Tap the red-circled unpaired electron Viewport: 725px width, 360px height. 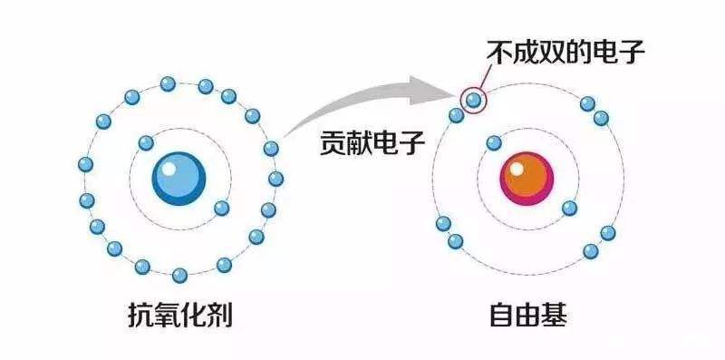tap(473, 98)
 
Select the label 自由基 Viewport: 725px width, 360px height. tap(528, 316)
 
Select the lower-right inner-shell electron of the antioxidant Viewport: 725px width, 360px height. tap(220, 208)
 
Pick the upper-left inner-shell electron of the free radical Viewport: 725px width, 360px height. tap(494, 142)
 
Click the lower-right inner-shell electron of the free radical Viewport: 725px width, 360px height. tap(569, 208)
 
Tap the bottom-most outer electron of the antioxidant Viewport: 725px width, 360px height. tap(179, 274)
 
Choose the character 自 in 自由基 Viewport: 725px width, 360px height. tap(501, 316)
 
